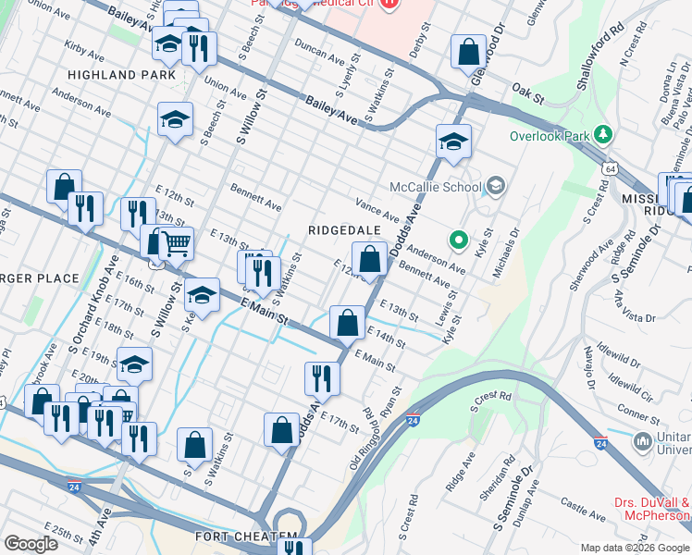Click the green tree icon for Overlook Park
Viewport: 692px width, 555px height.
pos(604,135)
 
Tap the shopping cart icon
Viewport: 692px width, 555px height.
pos(176,244)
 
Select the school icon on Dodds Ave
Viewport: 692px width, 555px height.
pos(453,142)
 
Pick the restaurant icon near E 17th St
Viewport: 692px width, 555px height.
pos(322,377)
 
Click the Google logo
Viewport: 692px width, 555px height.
pos(31,544)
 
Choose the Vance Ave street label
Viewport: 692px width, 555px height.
pos(377,209)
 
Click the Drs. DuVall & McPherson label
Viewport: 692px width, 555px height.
pos(653,509)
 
